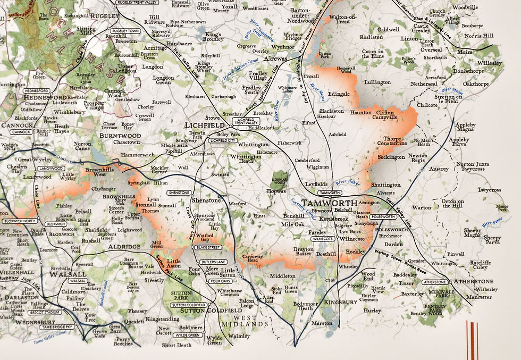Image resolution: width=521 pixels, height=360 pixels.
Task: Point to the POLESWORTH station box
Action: (x=384, y=217)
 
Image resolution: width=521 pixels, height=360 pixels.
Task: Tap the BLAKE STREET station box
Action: (x=207, y=247)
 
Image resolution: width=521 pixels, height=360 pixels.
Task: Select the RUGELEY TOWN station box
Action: (x=126, y=31)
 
